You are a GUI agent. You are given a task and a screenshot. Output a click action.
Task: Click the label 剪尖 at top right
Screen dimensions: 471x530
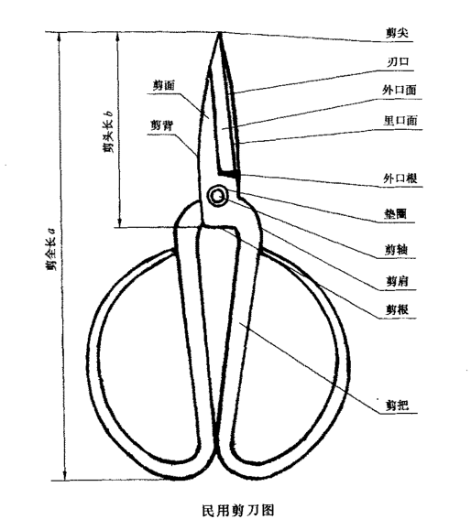[398, 33]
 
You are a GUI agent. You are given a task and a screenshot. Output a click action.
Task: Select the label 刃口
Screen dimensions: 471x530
[398, 61]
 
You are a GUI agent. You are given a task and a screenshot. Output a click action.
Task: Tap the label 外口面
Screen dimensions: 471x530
[400, 90]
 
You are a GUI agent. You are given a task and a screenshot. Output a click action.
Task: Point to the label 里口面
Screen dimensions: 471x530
[400, 120]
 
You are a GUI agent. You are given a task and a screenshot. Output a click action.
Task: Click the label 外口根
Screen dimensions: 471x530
[400, 178]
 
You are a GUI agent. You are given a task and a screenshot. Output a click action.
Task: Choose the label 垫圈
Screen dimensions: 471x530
[395, 213]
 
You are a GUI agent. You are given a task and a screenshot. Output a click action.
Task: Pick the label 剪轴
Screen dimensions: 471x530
[396, 250]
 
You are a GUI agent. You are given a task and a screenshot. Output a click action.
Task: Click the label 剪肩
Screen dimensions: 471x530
[397, 280]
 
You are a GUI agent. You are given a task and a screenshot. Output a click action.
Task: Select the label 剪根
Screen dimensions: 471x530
[398, 309]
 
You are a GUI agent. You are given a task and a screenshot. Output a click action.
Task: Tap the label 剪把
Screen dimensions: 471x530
[398, 405]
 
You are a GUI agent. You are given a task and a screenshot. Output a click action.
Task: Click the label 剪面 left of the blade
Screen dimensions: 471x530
[164, 85]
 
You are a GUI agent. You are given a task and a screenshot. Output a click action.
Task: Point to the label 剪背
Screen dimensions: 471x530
[162, 125]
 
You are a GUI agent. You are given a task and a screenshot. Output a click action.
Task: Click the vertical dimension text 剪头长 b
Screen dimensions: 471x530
[109, 131]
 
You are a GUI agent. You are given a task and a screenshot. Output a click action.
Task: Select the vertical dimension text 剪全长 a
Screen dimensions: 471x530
[51, 249]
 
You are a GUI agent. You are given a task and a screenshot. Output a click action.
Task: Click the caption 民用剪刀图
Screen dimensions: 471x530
[238, 510]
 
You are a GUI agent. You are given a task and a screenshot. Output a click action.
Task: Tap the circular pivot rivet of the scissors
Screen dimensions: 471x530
[217, 195]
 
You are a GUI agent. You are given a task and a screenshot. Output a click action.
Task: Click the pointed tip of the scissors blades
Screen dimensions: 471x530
[220, 32]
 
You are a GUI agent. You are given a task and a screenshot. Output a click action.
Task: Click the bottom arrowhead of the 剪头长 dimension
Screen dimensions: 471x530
[119, 222]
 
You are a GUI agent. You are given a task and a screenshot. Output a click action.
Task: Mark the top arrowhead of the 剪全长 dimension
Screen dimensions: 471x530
[60, 38]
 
